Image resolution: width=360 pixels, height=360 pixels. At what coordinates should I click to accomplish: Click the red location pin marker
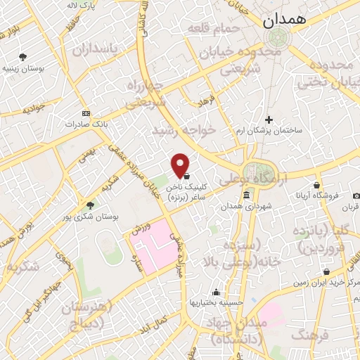[x=181, y=165]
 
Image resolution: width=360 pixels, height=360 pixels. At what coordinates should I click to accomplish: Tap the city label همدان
[x=286, y=21]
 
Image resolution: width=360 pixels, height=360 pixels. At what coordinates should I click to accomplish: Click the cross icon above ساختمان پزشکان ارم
[x=268, y=120]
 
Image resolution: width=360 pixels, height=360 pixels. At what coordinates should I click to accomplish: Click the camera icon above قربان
[x=356, y=195]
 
